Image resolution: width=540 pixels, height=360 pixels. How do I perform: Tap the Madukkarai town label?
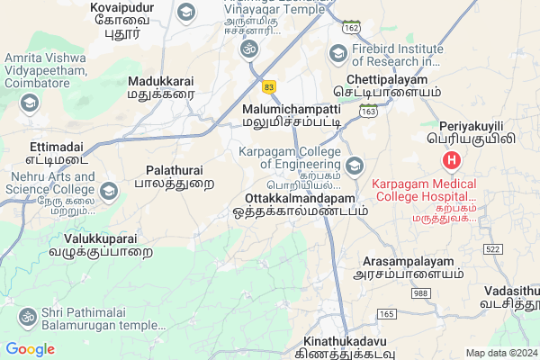[x=160, y=80]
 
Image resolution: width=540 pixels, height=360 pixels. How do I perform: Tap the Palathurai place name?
[x=175, y=169]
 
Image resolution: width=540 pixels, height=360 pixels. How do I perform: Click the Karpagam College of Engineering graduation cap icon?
[x=354, y=166]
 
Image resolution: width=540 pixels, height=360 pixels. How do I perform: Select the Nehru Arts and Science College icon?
[x=109, y=191]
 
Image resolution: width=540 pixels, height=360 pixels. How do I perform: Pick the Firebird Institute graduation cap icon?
[x=337, y=53]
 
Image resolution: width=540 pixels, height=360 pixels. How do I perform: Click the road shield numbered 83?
[x=269, y=86]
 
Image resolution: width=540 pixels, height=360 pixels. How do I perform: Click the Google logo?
[x=31, y=349]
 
